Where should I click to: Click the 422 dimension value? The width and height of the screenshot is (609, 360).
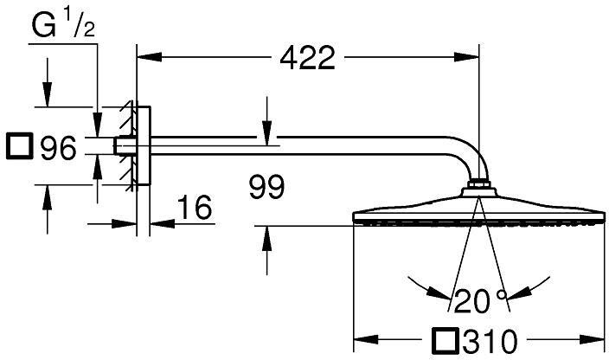click(x=307, y=58)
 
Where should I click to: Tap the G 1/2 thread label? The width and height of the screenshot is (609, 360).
click(x=63, y=25)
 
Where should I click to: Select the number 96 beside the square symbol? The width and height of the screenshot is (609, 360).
click(x=58, y=148)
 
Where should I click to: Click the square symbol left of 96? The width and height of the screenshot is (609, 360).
click(x=19, y=146)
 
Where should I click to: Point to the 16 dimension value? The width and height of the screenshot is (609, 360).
click(x=195, y=207)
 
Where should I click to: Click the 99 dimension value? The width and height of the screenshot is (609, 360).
click(x=266, y=187)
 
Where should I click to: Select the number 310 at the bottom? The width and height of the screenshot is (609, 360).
click(x=490, y=342)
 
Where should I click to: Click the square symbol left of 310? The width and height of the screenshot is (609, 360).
click(x=446, y=340)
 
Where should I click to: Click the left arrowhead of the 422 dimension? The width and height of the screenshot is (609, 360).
click(x=150, y=57)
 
